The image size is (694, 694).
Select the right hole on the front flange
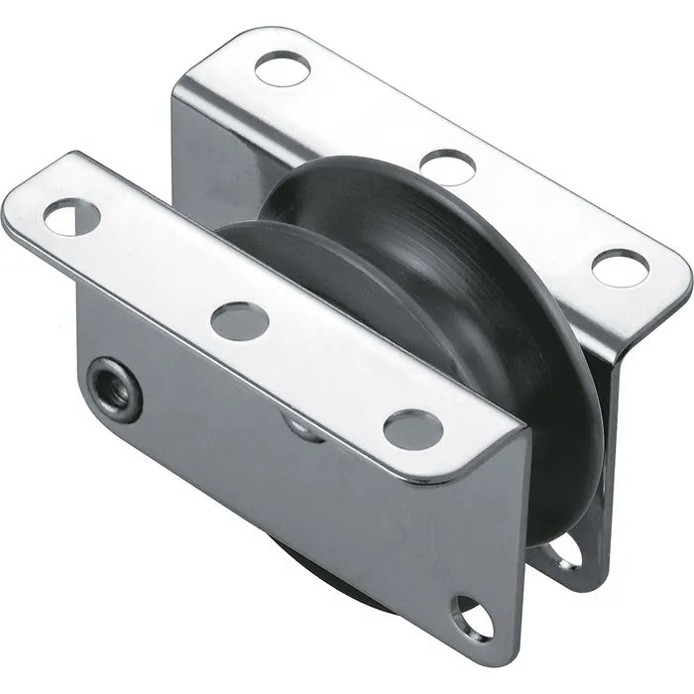[x=412, y=428]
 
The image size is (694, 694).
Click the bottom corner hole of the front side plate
[x=471, y=618]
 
